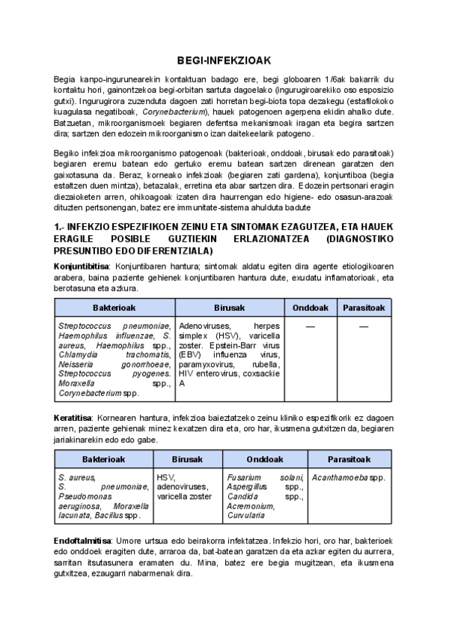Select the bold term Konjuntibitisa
pyautogui.click(x=82, y=266)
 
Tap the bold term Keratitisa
pyautogui.click(x=73, y=416)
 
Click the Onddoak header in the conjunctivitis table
pyautogui.click(x=311, y=308)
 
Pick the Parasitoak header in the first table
pyautogui.click(x=364, y=308)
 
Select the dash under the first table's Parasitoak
pyautogui.click(x=364, y=327)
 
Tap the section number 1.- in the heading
pyautogui.click(x=61, y=226)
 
